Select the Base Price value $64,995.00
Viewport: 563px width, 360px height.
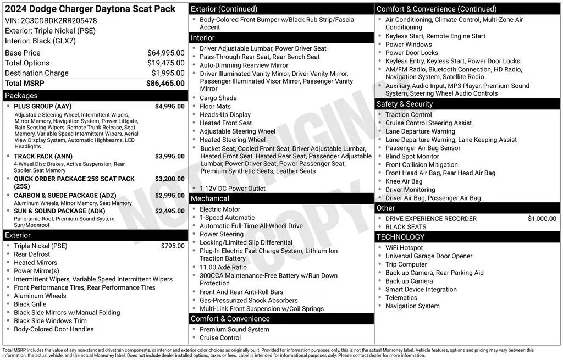click(x=165, y=53)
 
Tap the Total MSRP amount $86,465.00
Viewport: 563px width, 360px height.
click(x=165, y=83)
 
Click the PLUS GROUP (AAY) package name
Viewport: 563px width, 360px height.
click(x=42, y=107)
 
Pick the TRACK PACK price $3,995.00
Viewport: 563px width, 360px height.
click(x=169, y=156)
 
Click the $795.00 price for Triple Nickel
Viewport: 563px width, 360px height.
click(x=173, y=246)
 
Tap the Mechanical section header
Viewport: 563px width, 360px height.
click(x=210, y=198)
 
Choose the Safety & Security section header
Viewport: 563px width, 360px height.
click(x=405, y=104)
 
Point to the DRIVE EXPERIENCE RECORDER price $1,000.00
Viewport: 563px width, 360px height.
click(x=542, y=218)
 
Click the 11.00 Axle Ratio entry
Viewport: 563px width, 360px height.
click(x=223, y=267)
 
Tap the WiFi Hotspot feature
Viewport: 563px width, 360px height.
click(x=404, y=248)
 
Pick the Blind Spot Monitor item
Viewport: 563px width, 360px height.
click(x=412, y=156)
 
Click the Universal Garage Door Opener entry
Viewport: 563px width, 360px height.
click(x=429, y=256)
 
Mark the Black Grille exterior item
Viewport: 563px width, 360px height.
click(x=30, y=304)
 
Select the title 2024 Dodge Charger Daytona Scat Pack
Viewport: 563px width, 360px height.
click(x=90, y=9)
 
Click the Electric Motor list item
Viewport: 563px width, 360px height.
click(x=220, y=209)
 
